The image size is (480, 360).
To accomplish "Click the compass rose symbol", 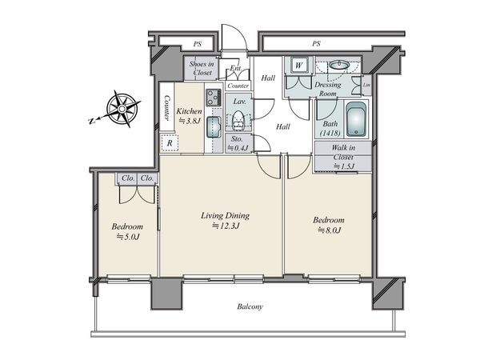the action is coord(122,109).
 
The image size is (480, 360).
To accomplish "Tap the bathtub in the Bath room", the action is coord(356,120).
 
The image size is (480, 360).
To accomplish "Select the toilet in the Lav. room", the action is coord(238,120).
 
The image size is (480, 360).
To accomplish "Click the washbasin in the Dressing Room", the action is coord(339,65).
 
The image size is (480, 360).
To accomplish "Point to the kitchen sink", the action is coord(214,126).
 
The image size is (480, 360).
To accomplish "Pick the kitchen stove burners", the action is coord(214,97).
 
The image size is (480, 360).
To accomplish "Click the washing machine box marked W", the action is coord(298,66).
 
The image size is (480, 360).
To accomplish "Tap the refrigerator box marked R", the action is coord(169,142).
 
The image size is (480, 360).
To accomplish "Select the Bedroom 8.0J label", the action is coord(329,225).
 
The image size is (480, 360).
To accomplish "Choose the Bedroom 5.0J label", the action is coord(127,231).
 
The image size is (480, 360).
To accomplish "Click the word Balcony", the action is coord(250,306).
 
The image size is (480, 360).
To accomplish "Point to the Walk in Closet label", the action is coord(343,157).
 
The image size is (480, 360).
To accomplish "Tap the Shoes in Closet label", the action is coord(202,68).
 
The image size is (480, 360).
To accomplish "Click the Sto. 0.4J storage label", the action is coord(237,143).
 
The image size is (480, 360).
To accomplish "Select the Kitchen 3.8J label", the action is coord(189,116).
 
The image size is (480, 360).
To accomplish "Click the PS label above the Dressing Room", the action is coord(316,44).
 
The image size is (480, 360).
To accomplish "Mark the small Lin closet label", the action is coord(366,85).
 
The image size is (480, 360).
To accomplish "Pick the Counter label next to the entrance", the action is coord(238,86).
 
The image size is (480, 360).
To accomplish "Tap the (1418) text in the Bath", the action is coord(330,133).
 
